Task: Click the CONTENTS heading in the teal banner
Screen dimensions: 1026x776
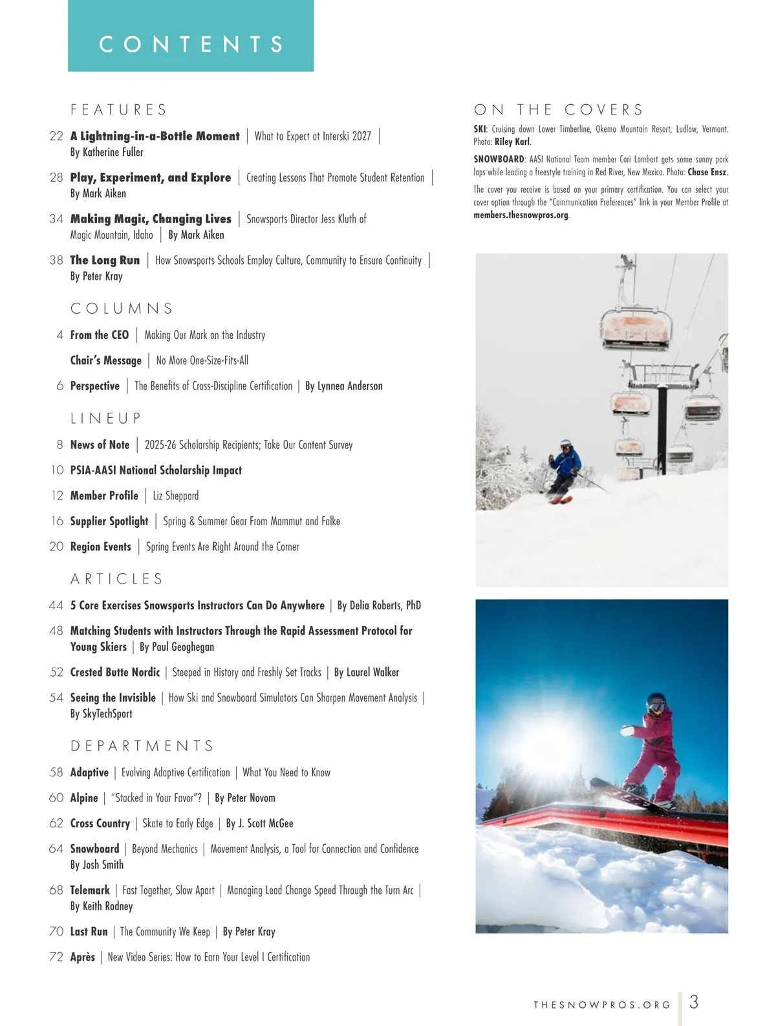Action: [x=191, y=44]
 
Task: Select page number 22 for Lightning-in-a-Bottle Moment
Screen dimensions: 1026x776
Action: [x=56, y=136]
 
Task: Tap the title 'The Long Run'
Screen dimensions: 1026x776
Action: [x=105, y=260]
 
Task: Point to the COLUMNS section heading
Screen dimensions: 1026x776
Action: [x=122, y=309]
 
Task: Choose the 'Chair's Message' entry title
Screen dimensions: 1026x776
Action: [x=105, y=360]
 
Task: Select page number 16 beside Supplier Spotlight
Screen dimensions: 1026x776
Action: [x=57, y=521]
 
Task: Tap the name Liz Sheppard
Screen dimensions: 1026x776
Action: [x=175, y=496]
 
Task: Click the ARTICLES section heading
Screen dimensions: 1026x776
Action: [x=117, y=579]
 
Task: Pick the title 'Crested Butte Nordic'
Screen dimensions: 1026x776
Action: [x=114, y=672]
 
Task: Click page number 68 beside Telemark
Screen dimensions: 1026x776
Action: [x=56, y=890]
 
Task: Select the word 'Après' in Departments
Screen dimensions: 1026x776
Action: [x=82, y=957]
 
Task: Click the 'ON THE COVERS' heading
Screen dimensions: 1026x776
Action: [x=559, y=109]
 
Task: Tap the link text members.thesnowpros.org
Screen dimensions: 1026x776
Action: [x=521, y=215]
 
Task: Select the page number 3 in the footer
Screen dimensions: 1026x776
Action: [x=694, y=1002]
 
